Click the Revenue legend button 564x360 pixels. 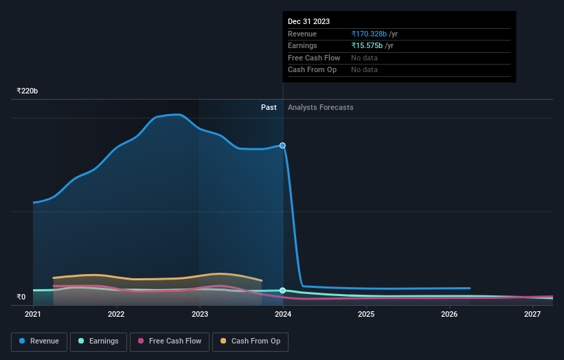39,341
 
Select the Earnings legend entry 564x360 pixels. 98,341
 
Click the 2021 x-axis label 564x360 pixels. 33,314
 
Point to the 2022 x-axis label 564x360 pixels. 116,314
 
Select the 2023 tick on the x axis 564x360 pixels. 199,314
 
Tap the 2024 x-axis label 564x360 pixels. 283,314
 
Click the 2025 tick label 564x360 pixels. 366,314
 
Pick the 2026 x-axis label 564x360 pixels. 449,314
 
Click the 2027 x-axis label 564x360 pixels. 532,314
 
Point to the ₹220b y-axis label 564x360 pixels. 27,91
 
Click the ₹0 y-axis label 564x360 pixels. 21,297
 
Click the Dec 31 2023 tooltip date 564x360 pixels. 308,21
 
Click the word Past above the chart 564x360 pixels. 269,107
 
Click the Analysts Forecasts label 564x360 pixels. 321,107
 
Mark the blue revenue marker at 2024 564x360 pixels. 282,146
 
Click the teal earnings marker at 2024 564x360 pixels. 282,291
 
